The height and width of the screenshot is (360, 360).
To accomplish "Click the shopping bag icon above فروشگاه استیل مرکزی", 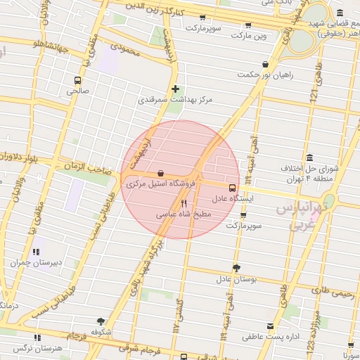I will pos(161,173).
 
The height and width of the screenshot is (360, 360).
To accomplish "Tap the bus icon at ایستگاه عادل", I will pos(233,188).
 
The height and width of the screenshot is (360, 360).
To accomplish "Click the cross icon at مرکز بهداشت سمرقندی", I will pos(175,89).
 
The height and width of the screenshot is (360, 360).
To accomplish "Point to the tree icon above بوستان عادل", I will pos(236,267).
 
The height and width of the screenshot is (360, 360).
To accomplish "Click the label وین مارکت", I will pos(250,34).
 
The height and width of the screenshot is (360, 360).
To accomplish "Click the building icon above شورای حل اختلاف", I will pos(310,157).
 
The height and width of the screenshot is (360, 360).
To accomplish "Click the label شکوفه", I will pos(101,331).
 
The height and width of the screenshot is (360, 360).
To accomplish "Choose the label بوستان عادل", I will pos(236,278).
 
